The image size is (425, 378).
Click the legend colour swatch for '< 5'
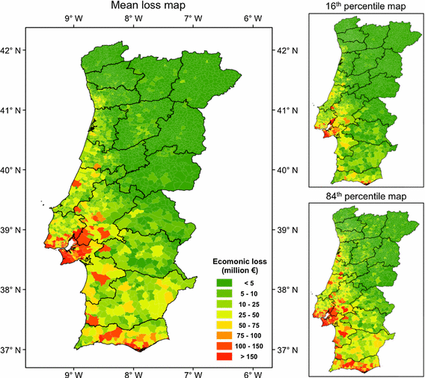(x=224, y=282)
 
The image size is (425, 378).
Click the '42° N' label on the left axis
(x=13, y=51)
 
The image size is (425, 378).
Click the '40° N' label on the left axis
(x=13, y=170)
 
